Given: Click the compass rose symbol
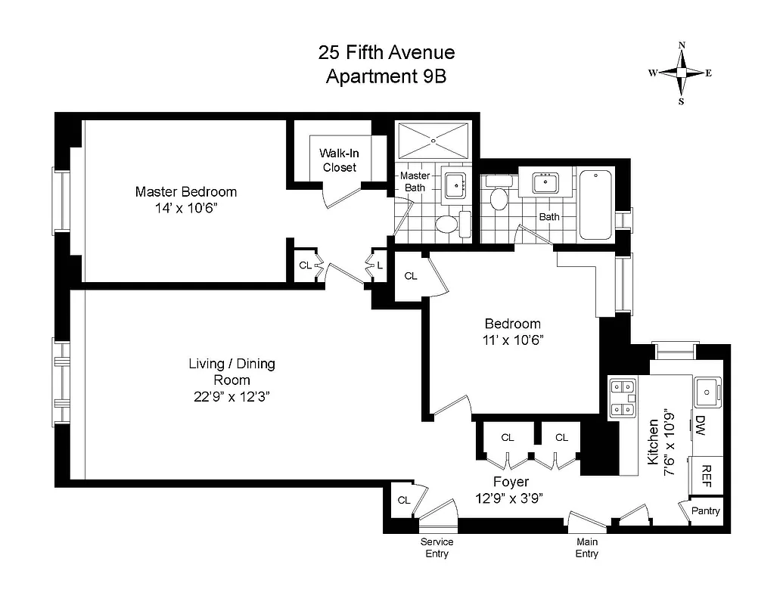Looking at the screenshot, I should pyautogui.click(x=681, y=73).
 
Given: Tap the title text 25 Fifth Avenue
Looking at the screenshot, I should pyautogui.click(x=386, y=52).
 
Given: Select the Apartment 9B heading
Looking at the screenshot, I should pyautogui.click(x=386, y=76).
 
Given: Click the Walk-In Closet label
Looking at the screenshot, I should pyautogui.click(x=338, y=160).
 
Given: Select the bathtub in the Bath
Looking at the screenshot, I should pyautogui.click(x=596, y=204).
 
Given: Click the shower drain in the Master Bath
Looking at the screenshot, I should pyautogui.click(x=433, y=139).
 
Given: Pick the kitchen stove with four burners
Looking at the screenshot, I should pyautogui.click(x=623, y=398).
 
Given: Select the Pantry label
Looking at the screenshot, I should pyautogui.click(x=706, y=511).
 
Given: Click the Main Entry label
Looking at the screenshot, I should pyautogui.click(x=586, y=548).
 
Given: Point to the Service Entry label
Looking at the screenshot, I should pyautogui.click(x=437, y=548).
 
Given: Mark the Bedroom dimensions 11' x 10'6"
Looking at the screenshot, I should pyautogui.click(x=513, y=340).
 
